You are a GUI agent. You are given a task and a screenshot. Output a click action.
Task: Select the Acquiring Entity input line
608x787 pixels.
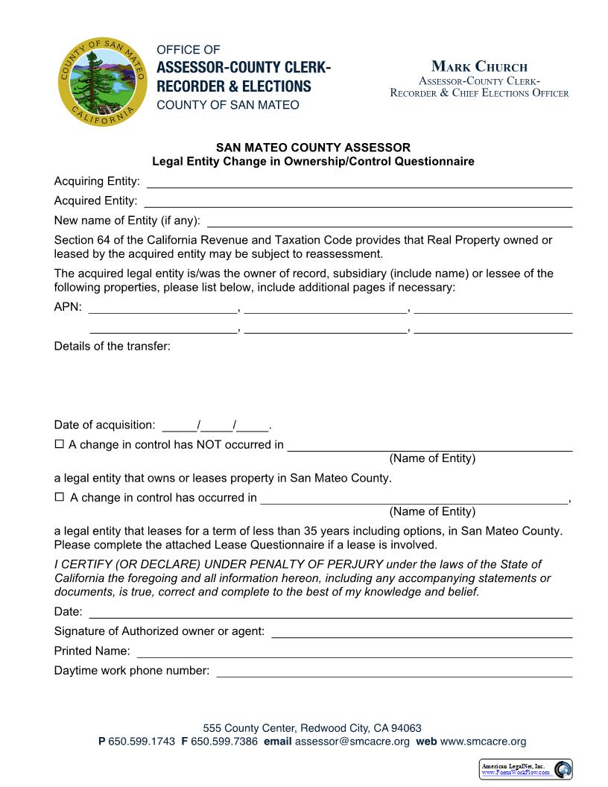359,181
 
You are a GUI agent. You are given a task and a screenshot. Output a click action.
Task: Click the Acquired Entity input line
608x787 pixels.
358,200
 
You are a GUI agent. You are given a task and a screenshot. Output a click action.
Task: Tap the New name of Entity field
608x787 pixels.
390,220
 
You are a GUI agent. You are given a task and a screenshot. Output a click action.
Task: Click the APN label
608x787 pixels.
68,306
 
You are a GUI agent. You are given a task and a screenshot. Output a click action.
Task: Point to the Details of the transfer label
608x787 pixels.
113,346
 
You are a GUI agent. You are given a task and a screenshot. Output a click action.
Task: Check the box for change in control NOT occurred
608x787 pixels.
60,445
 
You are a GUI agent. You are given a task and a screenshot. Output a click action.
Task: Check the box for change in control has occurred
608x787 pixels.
60,497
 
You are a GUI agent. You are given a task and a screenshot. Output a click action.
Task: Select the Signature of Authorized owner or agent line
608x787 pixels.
422,631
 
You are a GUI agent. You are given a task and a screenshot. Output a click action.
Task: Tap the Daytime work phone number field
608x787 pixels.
394,670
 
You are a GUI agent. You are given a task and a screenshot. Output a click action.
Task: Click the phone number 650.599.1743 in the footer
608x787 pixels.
142,742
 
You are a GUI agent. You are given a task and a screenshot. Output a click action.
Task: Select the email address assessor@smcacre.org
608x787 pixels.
352,742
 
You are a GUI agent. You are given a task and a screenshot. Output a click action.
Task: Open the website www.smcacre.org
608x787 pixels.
483,742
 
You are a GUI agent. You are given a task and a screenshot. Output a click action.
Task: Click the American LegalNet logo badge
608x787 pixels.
525,769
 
